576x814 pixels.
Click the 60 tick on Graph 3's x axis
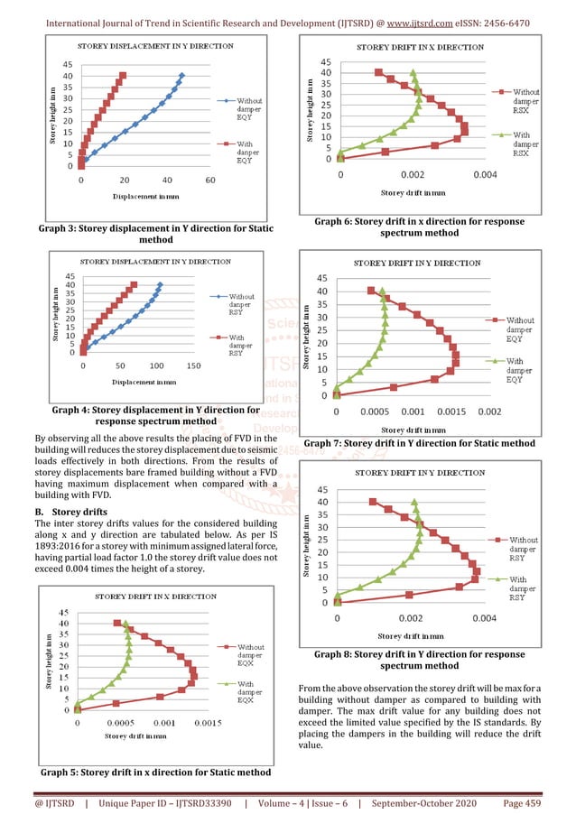210,180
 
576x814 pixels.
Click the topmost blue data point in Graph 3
182,76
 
